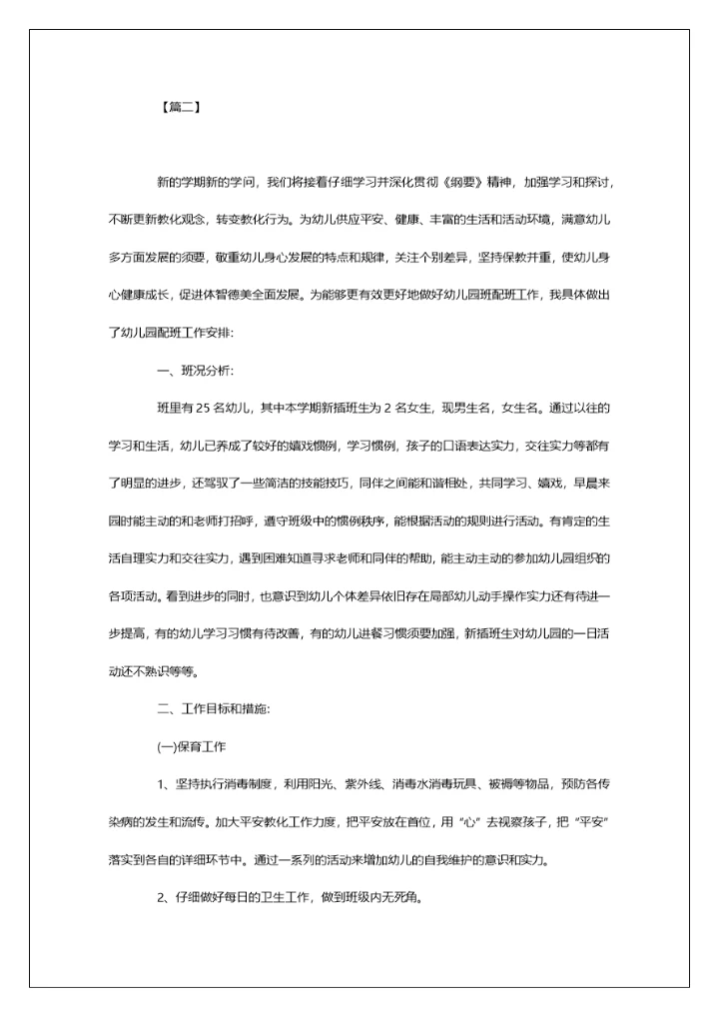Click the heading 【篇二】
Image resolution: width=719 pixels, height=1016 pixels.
(180, 108)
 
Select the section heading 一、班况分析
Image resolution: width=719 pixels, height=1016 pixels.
(195, 371)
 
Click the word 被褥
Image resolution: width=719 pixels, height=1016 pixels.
(500, 783)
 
